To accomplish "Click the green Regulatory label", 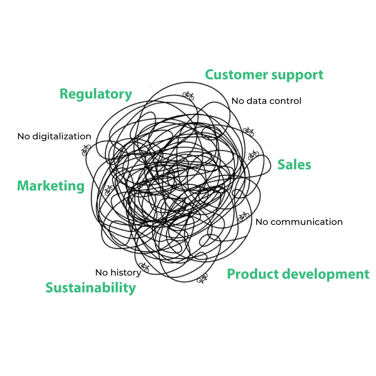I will tap(96, 94).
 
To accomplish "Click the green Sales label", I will tap(294, 165).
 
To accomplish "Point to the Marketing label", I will tap(51, 186).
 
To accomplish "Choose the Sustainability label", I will tap(91, 288).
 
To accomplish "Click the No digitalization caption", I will tap(54, 136).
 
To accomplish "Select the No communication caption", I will tap(299, 222).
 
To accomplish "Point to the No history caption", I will tap(118, 272).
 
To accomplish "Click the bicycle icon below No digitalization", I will tap(86, 150).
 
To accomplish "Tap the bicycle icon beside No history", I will tap(144, 267).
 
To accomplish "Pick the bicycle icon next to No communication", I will tap(244, 216).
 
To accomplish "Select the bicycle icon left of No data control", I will tap(188, 96).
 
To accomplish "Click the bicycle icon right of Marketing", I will tap(109, 190).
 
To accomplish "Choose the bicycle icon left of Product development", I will tap(202, 278).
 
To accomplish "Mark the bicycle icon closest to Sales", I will tap(253, 155).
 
